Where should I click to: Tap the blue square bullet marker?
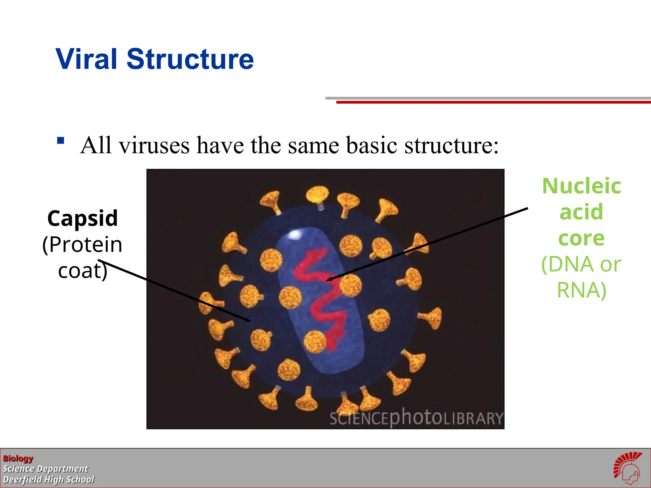pyautogui.click(x=60, y=140)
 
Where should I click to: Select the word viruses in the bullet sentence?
pyautogui.click(x=154, y=146)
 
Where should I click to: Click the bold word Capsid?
pyautogui.click(x=83, y=219)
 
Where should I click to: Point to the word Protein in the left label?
pyautogui.click(x=86, y=245)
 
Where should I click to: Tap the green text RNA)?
pyautogui.click(x=581, y=290)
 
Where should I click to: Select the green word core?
pyautogui.click(x=581, y=238)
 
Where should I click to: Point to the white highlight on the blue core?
pyautogui.click(x=295, y=234)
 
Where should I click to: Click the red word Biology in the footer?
pyautogui.click(x=18, y=458)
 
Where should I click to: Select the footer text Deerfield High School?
pyautogui.click(x=49, y=479)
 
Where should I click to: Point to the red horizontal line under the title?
pyautogui.click(x=493, y=102)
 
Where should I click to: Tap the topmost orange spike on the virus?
pyautogui.click(x=318, y=194)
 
